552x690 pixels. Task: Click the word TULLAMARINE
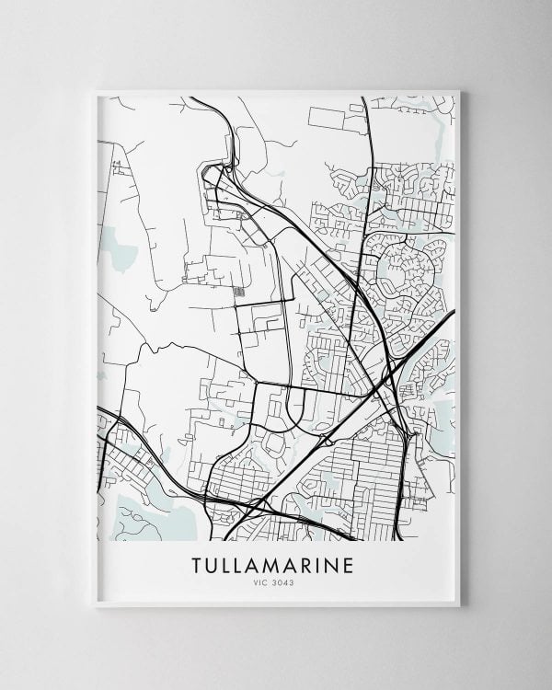tap(272, 563)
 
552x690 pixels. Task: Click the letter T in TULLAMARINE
tap(198, 563)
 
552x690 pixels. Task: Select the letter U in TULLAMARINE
tap(214, 563)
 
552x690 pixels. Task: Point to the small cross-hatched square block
tap(239, 293)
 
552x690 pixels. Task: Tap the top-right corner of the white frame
tap(457, 91)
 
